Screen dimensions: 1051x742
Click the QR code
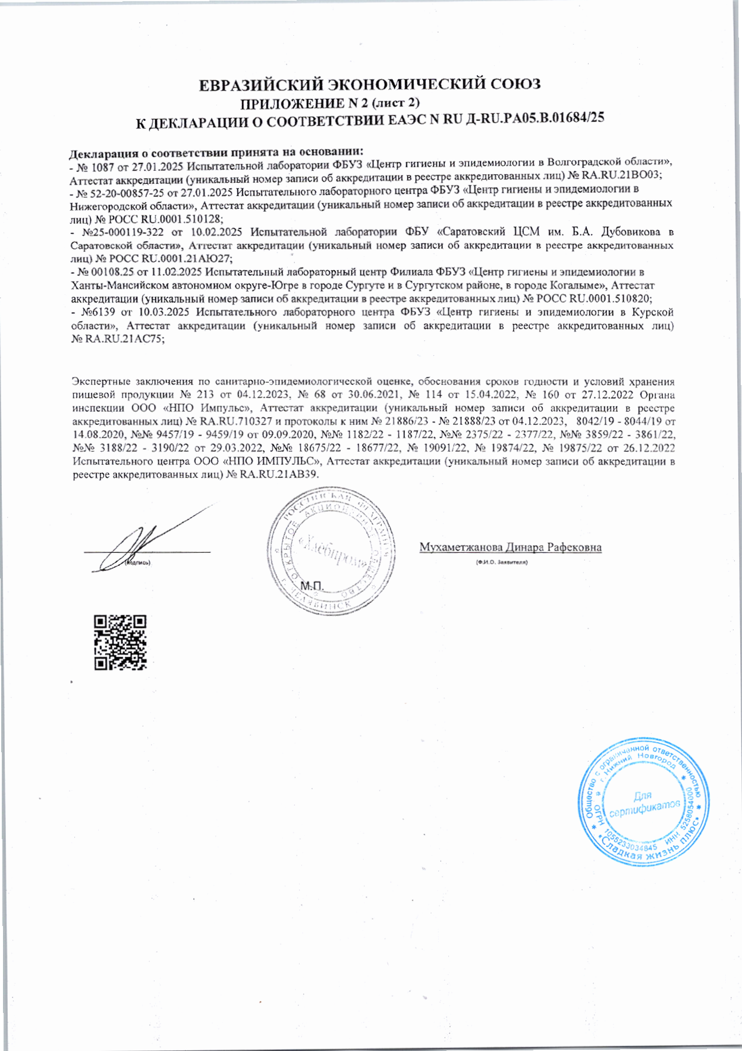tap(120, 643)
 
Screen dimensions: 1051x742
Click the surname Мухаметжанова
tap(461, 547)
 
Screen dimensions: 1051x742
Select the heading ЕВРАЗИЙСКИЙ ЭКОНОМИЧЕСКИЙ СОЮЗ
tap(369, 84)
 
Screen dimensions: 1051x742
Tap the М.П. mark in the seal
tap(312, 587)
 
